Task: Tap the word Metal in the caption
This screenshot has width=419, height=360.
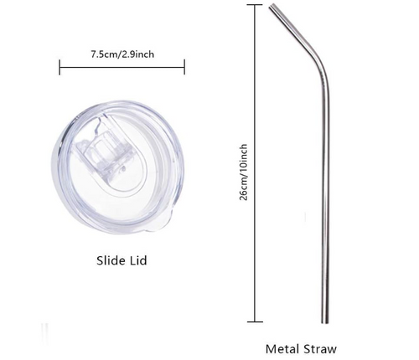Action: pyautogui.click(x=282, y=349)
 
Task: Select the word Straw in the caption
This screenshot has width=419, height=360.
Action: pyautogui.click(x=320, y=349)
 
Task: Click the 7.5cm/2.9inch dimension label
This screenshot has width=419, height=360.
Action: pyautogui.click(x=122, y=54)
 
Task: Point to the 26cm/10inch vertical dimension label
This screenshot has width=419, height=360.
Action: pyautogui.click(x=243, y=172)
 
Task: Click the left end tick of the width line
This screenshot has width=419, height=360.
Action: pyautogui.click(x=59, y=67)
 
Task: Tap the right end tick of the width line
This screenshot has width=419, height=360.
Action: pyautogui.click(x=184, y=67)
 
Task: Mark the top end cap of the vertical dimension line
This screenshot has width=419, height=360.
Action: pyautogui.click(x=255, y=5)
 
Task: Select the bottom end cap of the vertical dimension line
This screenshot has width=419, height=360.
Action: pyautogui.click(x=255, y=321)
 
